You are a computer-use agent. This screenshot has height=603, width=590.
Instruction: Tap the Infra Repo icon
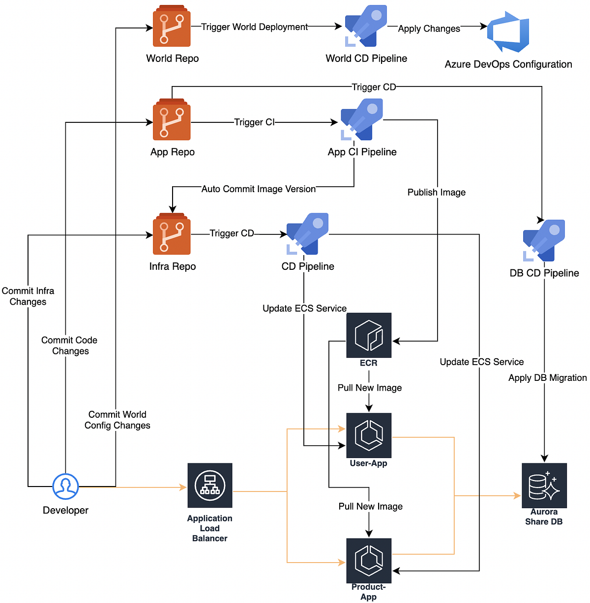172,234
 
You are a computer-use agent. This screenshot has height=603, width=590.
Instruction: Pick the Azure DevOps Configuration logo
508,32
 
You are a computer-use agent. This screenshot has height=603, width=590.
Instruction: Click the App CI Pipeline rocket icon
362,119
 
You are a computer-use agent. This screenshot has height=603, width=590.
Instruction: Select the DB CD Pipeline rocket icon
544,240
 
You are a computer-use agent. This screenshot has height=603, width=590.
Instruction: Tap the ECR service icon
369,335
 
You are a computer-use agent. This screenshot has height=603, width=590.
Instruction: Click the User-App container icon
369,435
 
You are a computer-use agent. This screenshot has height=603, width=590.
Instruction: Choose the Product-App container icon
369,561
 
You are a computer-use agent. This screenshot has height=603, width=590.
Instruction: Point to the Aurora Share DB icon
544,486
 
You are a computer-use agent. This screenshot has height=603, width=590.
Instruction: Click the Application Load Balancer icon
210,486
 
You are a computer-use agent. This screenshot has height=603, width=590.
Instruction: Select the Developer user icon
65,487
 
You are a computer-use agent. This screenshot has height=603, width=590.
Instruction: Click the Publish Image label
437,192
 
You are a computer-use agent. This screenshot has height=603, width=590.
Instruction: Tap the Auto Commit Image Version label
259,189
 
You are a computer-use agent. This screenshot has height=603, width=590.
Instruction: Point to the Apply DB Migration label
547,377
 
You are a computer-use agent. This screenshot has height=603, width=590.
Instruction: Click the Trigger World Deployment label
254,27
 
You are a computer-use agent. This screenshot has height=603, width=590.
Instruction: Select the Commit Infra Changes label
28,296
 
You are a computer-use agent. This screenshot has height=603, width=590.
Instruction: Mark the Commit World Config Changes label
117,420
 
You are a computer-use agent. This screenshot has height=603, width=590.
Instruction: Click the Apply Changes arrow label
429,29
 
